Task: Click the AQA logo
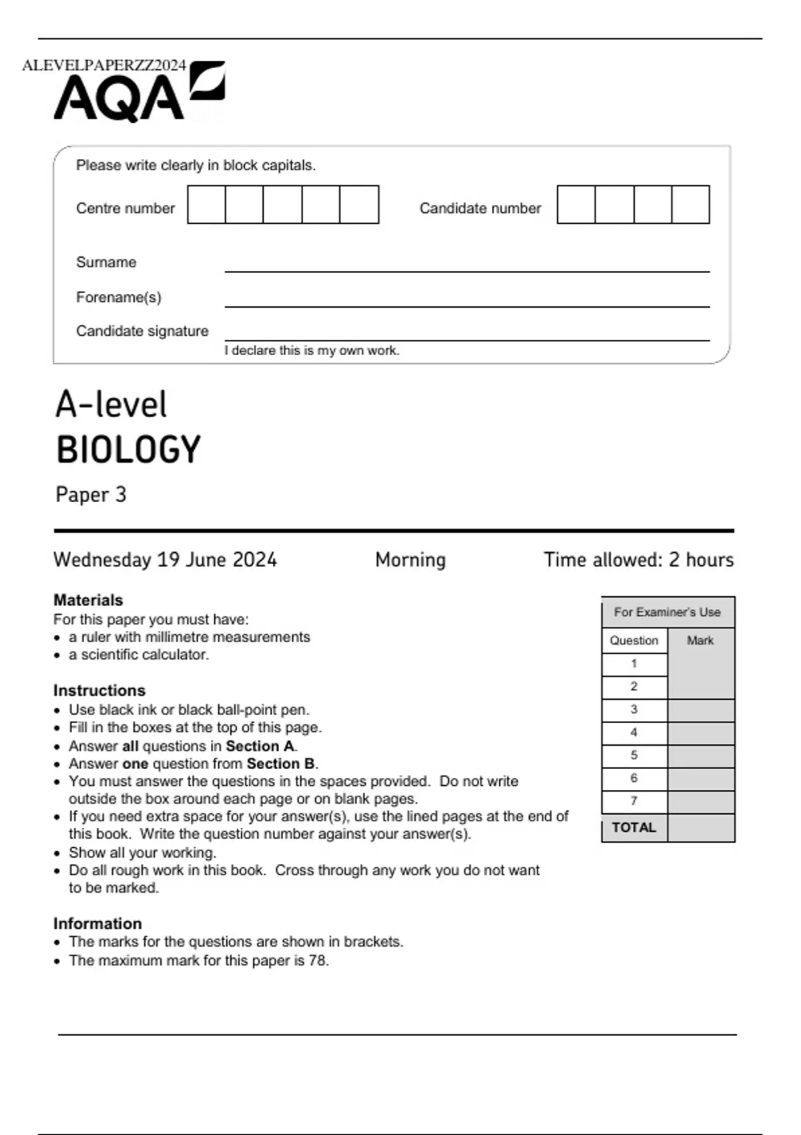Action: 139,93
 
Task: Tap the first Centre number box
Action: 206,205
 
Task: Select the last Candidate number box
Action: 690,205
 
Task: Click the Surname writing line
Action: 467,267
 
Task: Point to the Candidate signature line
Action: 467,336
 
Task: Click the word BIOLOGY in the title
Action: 128,449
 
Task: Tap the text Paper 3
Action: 91,495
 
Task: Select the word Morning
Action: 410,559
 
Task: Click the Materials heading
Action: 88,600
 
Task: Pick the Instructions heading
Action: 99,690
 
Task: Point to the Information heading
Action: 97,923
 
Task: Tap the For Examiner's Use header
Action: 667,612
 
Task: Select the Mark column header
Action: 700,641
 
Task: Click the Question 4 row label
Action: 634,732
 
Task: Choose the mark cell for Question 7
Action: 701,802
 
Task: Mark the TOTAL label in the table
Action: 634,828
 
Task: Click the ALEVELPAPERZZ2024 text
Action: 104,65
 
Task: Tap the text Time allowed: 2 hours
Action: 638,559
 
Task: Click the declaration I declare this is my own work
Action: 312,351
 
